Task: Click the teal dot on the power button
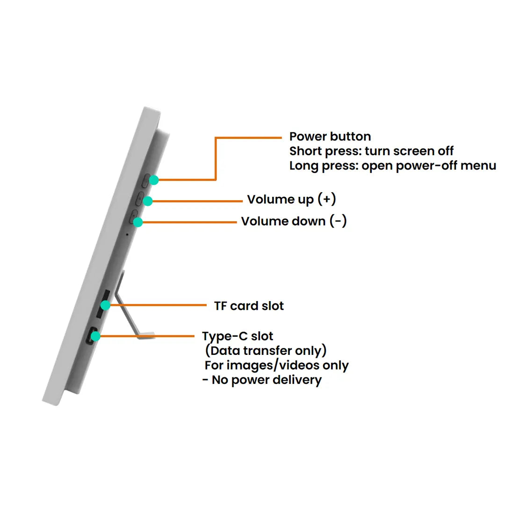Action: pos(153,180)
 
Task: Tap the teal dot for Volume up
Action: pos(147,201)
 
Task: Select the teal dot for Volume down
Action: pos(138,223)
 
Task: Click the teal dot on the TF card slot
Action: pos(106,305)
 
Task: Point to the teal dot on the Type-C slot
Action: pos(95,336)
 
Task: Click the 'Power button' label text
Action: pos(330,137)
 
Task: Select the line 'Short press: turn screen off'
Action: pos(371,151)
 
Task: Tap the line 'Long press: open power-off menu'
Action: pos(392,166)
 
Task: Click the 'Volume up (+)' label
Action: pos(291,200)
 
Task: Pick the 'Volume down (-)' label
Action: pos(294,221)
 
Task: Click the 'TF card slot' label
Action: pos(249,306)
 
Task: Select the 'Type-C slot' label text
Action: pos(238,336)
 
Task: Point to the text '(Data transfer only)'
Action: pos(266,351)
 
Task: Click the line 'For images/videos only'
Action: pos(276,365)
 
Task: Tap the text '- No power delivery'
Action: pos(262,380)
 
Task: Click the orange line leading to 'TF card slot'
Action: pos(159,305)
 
